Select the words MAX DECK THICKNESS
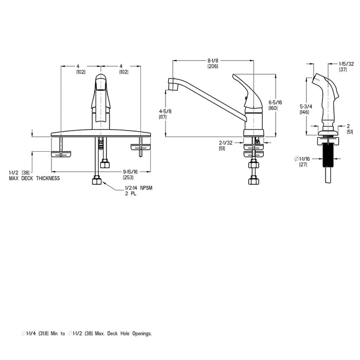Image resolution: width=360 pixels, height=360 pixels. (34, 178)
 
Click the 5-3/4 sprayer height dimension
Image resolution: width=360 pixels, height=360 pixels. (305, 107)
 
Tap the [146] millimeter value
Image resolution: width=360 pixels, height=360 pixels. (305, 113)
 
